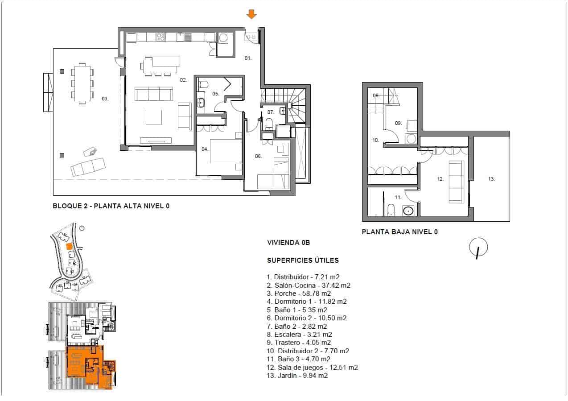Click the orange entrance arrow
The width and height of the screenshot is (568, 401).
(x=251, y=14)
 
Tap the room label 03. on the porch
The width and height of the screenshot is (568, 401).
(x=105, y=99)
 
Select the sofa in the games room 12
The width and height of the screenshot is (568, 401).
(x=456, y=182)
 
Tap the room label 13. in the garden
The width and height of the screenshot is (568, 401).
(x=491, y=179)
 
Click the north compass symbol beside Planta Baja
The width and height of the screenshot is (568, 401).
(x=478, y=248)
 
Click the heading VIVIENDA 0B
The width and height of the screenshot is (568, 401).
(x=288, y=243)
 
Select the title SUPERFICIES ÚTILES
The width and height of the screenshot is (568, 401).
(x=302, y=260)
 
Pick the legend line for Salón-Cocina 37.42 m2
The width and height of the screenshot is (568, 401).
(x=309, y=285)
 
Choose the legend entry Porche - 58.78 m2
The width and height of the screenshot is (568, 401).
(x=299, y=294)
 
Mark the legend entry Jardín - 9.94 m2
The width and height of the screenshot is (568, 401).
(x=297, y=376)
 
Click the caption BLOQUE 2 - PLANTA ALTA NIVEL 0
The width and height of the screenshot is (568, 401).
(x=111, y=206)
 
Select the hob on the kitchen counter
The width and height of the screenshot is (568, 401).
(x=161, y=37)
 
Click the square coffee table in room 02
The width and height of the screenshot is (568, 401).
(x=154, y=117)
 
